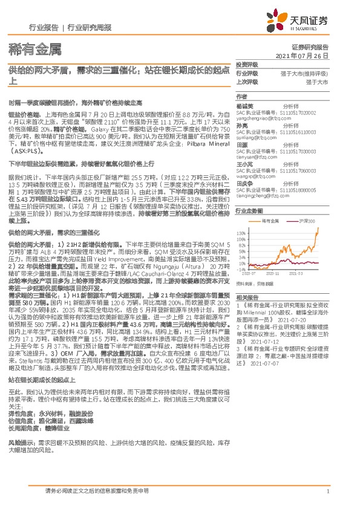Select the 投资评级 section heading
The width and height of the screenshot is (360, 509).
[x=247, y=64]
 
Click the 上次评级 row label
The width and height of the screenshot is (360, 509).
[x=247, y=82]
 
